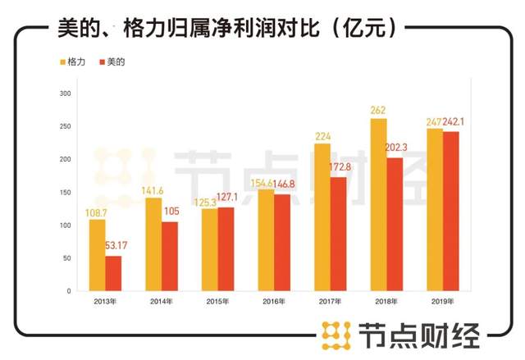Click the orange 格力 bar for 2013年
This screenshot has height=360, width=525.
[97, 255]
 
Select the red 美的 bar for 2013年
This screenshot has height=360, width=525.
[113, 273]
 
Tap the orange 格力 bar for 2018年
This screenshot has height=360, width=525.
[378, 204]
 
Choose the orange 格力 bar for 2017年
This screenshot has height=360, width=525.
[322, 216]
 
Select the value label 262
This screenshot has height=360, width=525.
[377, 111]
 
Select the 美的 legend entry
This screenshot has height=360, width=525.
[112, 62]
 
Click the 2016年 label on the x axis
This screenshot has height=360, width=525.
[274, 301]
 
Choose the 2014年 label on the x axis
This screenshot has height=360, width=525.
[161, 301]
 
